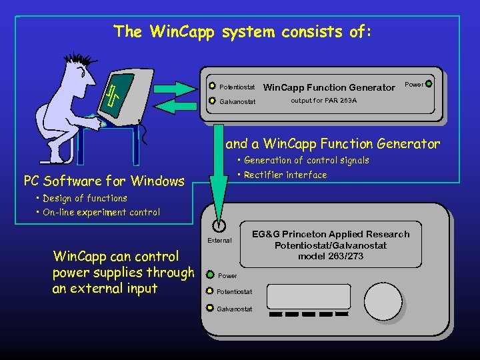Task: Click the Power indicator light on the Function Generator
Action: [428, 85]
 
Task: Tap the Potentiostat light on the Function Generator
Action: [213, 87]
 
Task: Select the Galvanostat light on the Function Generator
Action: [213, 101]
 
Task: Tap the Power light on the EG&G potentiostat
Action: [211, 275]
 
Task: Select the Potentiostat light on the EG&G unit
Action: [209, 291]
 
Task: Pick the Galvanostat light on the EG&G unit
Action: [209, 309]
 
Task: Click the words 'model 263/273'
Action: [330, 257]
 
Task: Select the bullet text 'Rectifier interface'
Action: [285, 175]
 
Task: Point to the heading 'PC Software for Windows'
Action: [104, 181]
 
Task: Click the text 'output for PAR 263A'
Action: [323, 101]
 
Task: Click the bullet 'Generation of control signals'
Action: [306, 160]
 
